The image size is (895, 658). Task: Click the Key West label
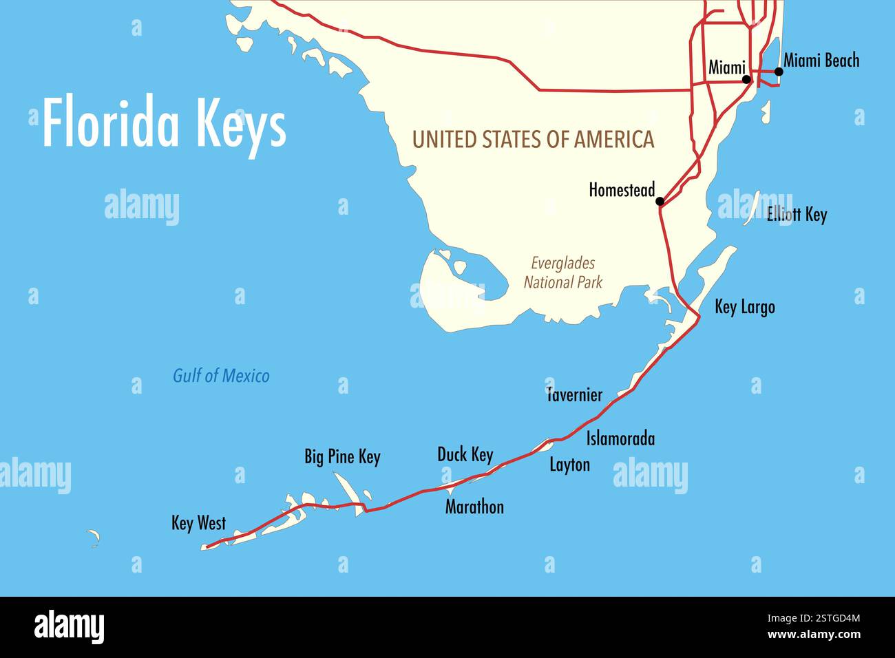(x=198, y=523)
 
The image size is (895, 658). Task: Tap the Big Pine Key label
(x=342, y=457)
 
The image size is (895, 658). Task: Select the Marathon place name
(x=474, y=507)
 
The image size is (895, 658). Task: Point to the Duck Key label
(x=465, y=455)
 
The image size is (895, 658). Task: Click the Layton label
(x=569, y=465)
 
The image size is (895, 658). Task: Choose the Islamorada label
(x=620, y=438)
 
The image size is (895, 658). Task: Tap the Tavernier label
(x=574, y=395)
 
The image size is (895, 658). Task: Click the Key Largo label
(x=744, y=307)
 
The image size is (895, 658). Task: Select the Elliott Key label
(x=797, y=215)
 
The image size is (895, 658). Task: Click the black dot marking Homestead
(x=660, y=201)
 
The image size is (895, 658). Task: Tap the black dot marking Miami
(x=746, y=80)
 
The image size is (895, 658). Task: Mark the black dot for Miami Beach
(x=779, y=72)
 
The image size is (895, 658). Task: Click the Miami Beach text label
(x=821, y=61)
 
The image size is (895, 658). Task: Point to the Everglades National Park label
(x=563, y=273)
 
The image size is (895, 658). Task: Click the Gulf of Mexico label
(x=221, y=376)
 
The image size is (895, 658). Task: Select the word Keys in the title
(x=241, y=124)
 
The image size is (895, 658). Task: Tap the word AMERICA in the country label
(x=614, y=140)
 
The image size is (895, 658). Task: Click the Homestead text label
(x=621, y=190)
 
